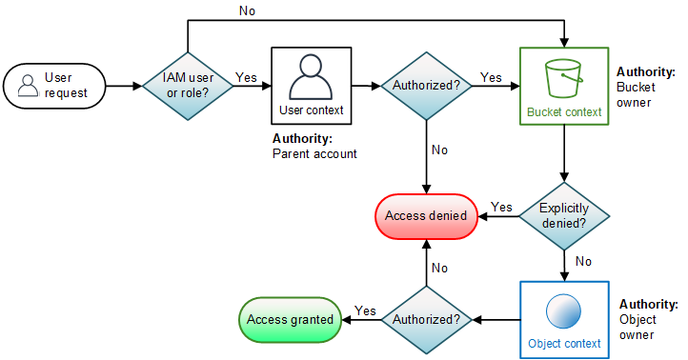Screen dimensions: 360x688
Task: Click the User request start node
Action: pyautogui.click(x=54, y=85)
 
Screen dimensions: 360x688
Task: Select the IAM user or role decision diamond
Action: pyautogui.click(x=188, y=85)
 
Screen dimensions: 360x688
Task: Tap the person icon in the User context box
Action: pyautogui.click(x=311, y=77)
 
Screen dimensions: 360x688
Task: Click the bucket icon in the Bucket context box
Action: pyautogui.click(x=564, y=75)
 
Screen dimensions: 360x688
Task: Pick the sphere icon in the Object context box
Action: pyautogui.click(x=564, y=313)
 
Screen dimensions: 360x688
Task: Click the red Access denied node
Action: pyautogui.click(x=425, y=215)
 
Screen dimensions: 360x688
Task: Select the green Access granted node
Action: pyautogui.click(x=290, y=319)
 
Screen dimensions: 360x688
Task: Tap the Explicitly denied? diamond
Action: pyautogui.click(x=563, y=215)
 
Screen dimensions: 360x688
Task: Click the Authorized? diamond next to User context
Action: pyautogui.click(x=426, y=85)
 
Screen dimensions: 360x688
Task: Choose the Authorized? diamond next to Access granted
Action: pyautogui.click(x=426, y=319)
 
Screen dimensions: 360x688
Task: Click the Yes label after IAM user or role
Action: pyautogui.click(x=246, y=77)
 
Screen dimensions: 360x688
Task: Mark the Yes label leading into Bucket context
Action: pyautogui.click(x=491, y=77)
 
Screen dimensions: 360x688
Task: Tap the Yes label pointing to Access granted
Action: pyautogui.click(x=364, y=310)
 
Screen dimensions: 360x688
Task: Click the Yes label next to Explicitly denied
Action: pyautogui.click(x=501, y=207)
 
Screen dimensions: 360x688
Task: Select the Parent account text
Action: pyautogui.click(x=314, y=153)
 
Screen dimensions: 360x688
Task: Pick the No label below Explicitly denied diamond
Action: pyautogui.click(x=582, y=259)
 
